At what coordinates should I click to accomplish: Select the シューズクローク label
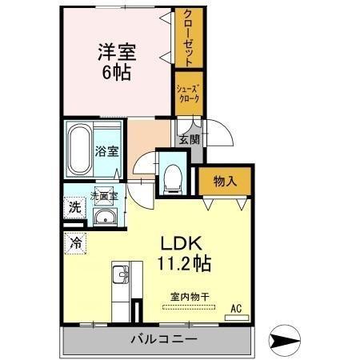click(x=188, y=93)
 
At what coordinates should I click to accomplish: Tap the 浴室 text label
click(x=106, y=150)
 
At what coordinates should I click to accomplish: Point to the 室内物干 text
click(x=189, y=297)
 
